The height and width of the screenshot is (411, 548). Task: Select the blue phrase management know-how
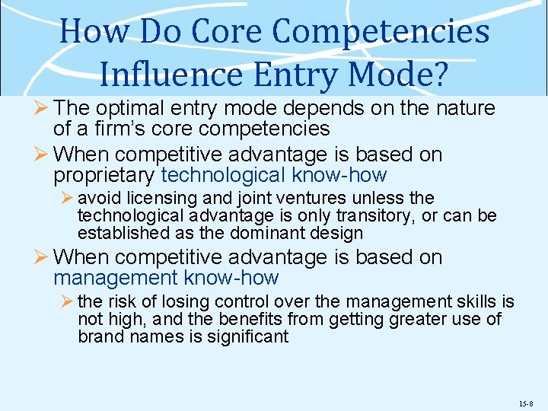166,278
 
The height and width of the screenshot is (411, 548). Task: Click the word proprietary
105,175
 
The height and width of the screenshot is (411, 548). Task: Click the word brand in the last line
99,336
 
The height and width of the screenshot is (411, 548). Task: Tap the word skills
475,303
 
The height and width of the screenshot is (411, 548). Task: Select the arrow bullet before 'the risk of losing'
67,303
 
